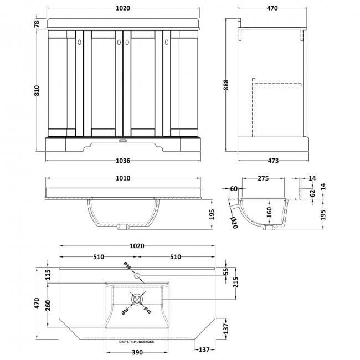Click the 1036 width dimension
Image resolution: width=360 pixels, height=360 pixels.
123,161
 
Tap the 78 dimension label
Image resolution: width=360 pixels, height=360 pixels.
37,23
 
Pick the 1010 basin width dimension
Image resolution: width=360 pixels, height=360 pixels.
123,178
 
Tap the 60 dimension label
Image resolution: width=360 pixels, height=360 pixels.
234,189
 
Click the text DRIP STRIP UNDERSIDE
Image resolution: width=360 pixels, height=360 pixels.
137,342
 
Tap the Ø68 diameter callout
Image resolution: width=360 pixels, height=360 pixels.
127,313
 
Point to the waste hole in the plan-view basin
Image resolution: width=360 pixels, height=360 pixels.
137,299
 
